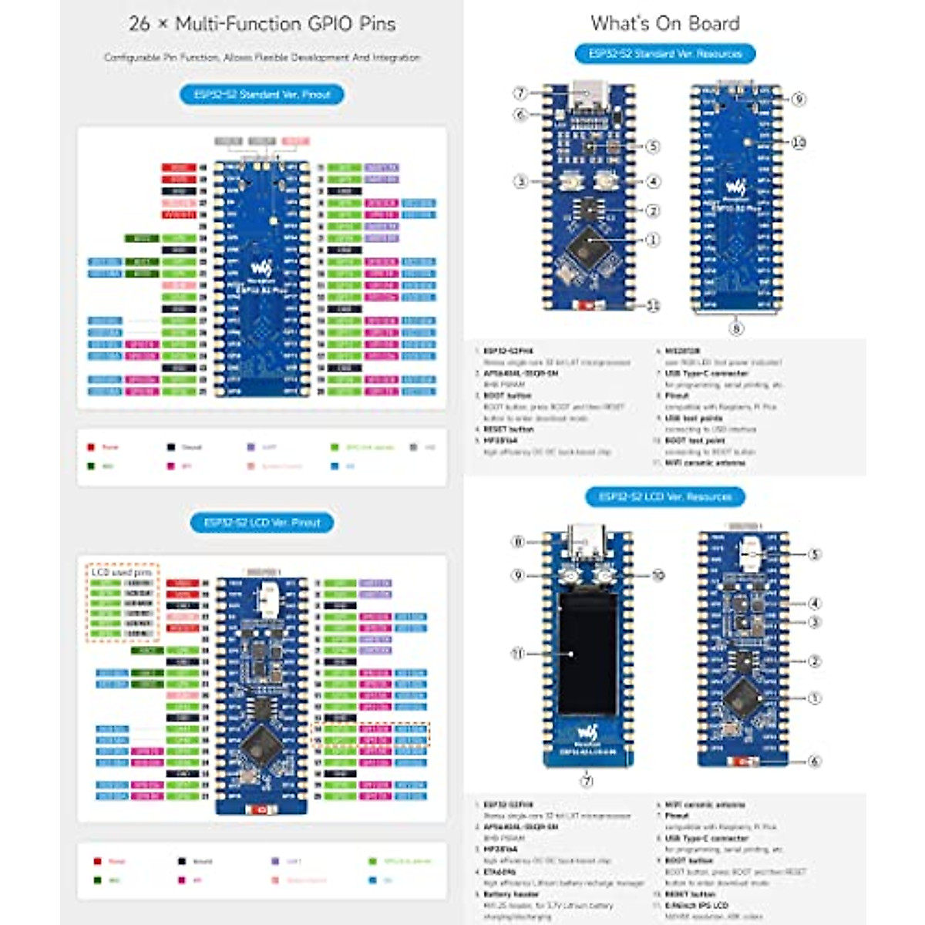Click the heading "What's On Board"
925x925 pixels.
point(664,24)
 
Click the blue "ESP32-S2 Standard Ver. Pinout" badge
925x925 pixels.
point(262,95)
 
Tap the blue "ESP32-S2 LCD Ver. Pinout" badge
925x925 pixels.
point(262,523)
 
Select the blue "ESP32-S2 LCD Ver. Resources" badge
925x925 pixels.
point(664,496)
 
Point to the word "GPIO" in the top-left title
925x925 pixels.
point(327,24)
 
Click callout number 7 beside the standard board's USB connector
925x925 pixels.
point(520,93)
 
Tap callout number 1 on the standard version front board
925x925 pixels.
point(653,240)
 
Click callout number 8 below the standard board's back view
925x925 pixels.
point(736,328)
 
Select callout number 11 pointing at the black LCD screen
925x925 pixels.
point(518,654)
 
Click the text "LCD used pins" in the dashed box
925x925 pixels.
point(122,573)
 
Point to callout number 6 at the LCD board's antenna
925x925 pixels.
point(814,761)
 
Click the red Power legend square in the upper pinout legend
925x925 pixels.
point(91,447)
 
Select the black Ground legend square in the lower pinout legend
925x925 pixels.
point(182,861)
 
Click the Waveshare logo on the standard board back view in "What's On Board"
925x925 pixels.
point(736,187)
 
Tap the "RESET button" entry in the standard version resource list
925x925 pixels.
point(509,429)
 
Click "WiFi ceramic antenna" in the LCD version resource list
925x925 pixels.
point(705,805)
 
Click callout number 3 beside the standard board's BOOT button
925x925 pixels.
point(520,182)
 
